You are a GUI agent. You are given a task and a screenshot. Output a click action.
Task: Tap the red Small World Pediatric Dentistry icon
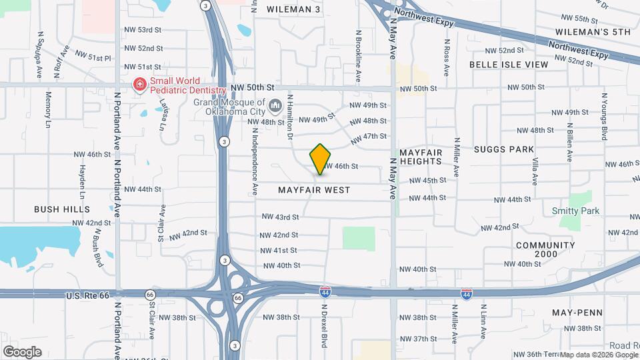[x=139, y=85]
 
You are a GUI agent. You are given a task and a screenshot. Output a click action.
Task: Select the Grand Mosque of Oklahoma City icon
[x=275, y=105]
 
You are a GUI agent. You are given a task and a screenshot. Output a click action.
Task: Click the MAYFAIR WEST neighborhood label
[x=314, y=190]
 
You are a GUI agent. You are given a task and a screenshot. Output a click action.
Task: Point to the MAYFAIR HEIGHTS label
[x=421, y=157]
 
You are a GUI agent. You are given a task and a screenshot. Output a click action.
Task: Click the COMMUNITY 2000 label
[x=545, y=249]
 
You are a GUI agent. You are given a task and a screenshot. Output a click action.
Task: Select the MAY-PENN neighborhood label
[x=577, y=313]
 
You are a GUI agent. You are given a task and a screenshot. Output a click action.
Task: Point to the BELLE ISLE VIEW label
[x=509, y=65]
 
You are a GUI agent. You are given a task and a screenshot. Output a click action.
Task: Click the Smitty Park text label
[x=575, y=211]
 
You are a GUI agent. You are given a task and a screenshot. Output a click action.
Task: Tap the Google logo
[x=22, y=351]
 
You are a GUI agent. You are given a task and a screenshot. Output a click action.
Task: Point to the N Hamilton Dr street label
[x=291, y=116]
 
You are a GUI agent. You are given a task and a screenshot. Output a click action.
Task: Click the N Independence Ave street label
[x=255, y=162]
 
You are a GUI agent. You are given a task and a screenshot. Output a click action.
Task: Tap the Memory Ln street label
[x=48, y=109]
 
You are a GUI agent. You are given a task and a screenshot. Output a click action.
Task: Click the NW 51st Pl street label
[x=93, y=57]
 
